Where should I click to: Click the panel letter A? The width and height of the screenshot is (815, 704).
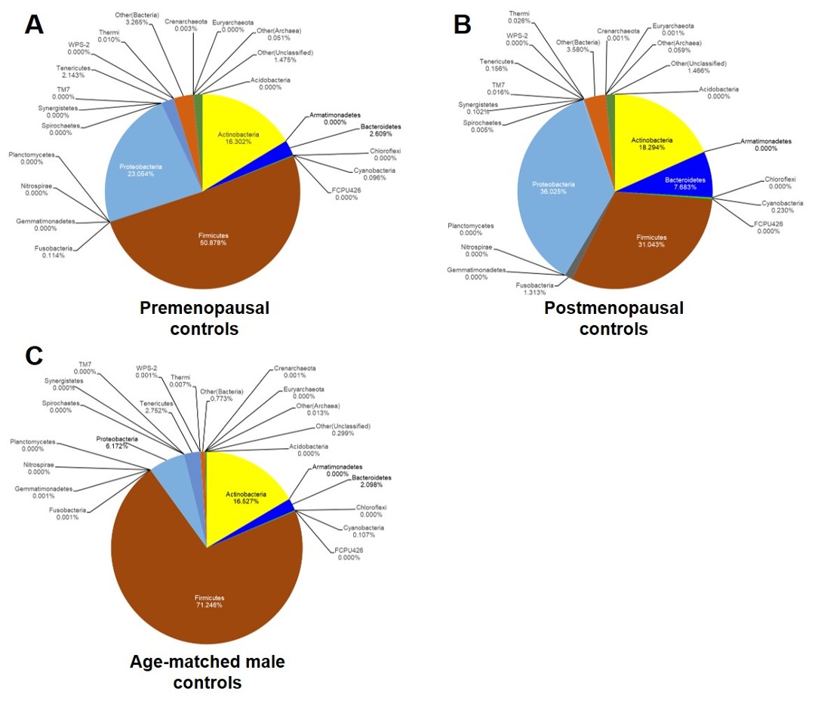pyautogui.click(x=34, y=24)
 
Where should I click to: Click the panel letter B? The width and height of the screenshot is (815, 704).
pyautogui.click(x=462, y=24)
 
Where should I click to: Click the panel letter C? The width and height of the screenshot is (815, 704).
pyautogui.click(x=34, y=356)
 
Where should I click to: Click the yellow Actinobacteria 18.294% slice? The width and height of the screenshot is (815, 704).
pyautogui.click(x=652, y=143)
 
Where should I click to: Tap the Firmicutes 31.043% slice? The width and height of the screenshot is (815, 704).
pyautogui.click(x=650, y=239)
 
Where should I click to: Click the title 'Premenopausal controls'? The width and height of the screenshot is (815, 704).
pyautogui.click(x=205, y=318)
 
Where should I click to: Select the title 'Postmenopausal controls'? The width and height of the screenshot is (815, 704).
pyautogui.click(x=614, y=318)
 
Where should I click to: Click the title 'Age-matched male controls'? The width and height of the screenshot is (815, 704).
pyautogui.click(x=208, y=672)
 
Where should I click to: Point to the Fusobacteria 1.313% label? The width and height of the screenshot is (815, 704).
pyautogui.click(x=535, y=289)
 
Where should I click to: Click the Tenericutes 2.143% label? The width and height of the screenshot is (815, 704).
pyautogui.click(x=73, y=72)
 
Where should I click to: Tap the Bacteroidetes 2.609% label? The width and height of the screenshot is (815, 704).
pyautogui.click(x=380, y=130)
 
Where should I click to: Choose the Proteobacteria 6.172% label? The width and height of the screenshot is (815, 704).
pyautogui.click(x=117, y=443)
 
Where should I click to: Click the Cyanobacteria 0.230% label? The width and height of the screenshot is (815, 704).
pyautogui.click(x=783, y=207)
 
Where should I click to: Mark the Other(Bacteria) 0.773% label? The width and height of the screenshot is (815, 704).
pyautogui.click(x=221, y=395)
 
